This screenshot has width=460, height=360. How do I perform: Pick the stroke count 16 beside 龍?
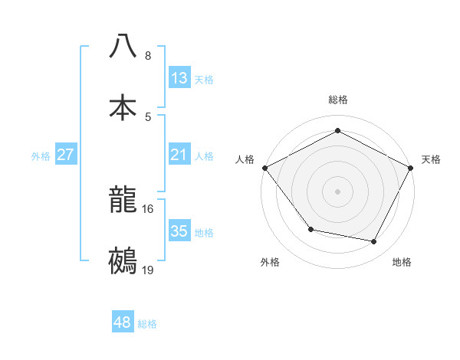point(148,208)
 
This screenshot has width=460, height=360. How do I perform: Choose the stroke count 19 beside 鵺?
point(148,270)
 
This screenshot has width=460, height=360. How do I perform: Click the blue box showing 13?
point(179,78)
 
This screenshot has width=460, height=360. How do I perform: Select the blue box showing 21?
point(179,155)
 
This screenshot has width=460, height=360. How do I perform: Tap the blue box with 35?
point(179,231)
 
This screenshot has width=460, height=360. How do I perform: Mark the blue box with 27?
point(66,155)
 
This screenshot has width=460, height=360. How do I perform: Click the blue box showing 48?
point(123,322)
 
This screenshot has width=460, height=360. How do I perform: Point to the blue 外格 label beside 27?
point(41,155)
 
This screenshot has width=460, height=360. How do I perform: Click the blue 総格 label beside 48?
point(147,324)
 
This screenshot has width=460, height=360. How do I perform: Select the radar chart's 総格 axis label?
point(338,100)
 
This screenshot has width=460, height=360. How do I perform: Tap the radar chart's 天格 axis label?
point(431,159)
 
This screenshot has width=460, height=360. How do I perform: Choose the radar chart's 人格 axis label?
point(245,159)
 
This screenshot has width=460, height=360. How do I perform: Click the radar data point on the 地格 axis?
point(374,241)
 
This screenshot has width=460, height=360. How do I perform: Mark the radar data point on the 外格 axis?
point(310,229)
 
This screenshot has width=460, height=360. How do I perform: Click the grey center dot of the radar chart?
point(338,191)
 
